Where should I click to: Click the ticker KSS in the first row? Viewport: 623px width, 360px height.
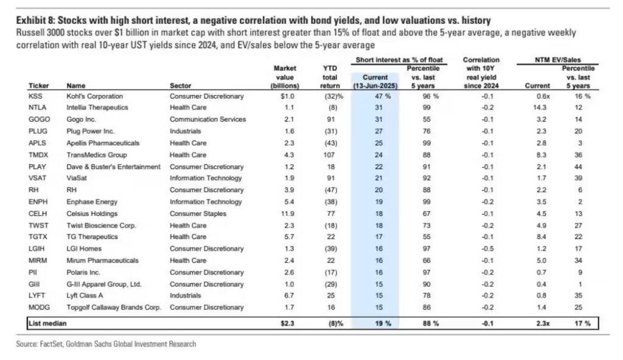(x=35, y=96)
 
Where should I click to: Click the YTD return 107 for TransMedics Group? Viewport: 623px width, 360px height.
(x=332, y=154)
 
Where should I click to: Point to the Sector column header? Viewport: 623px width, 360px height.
(x=180, y=85)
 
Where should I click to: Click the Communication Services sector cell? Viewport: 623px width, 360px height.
(x=207, y=119)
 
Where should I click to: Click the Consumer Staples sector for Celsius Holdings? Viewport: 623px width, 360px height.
(x=198, y=213)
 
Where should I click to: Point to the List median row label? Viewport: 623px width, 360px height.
(x=49, y=323)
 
